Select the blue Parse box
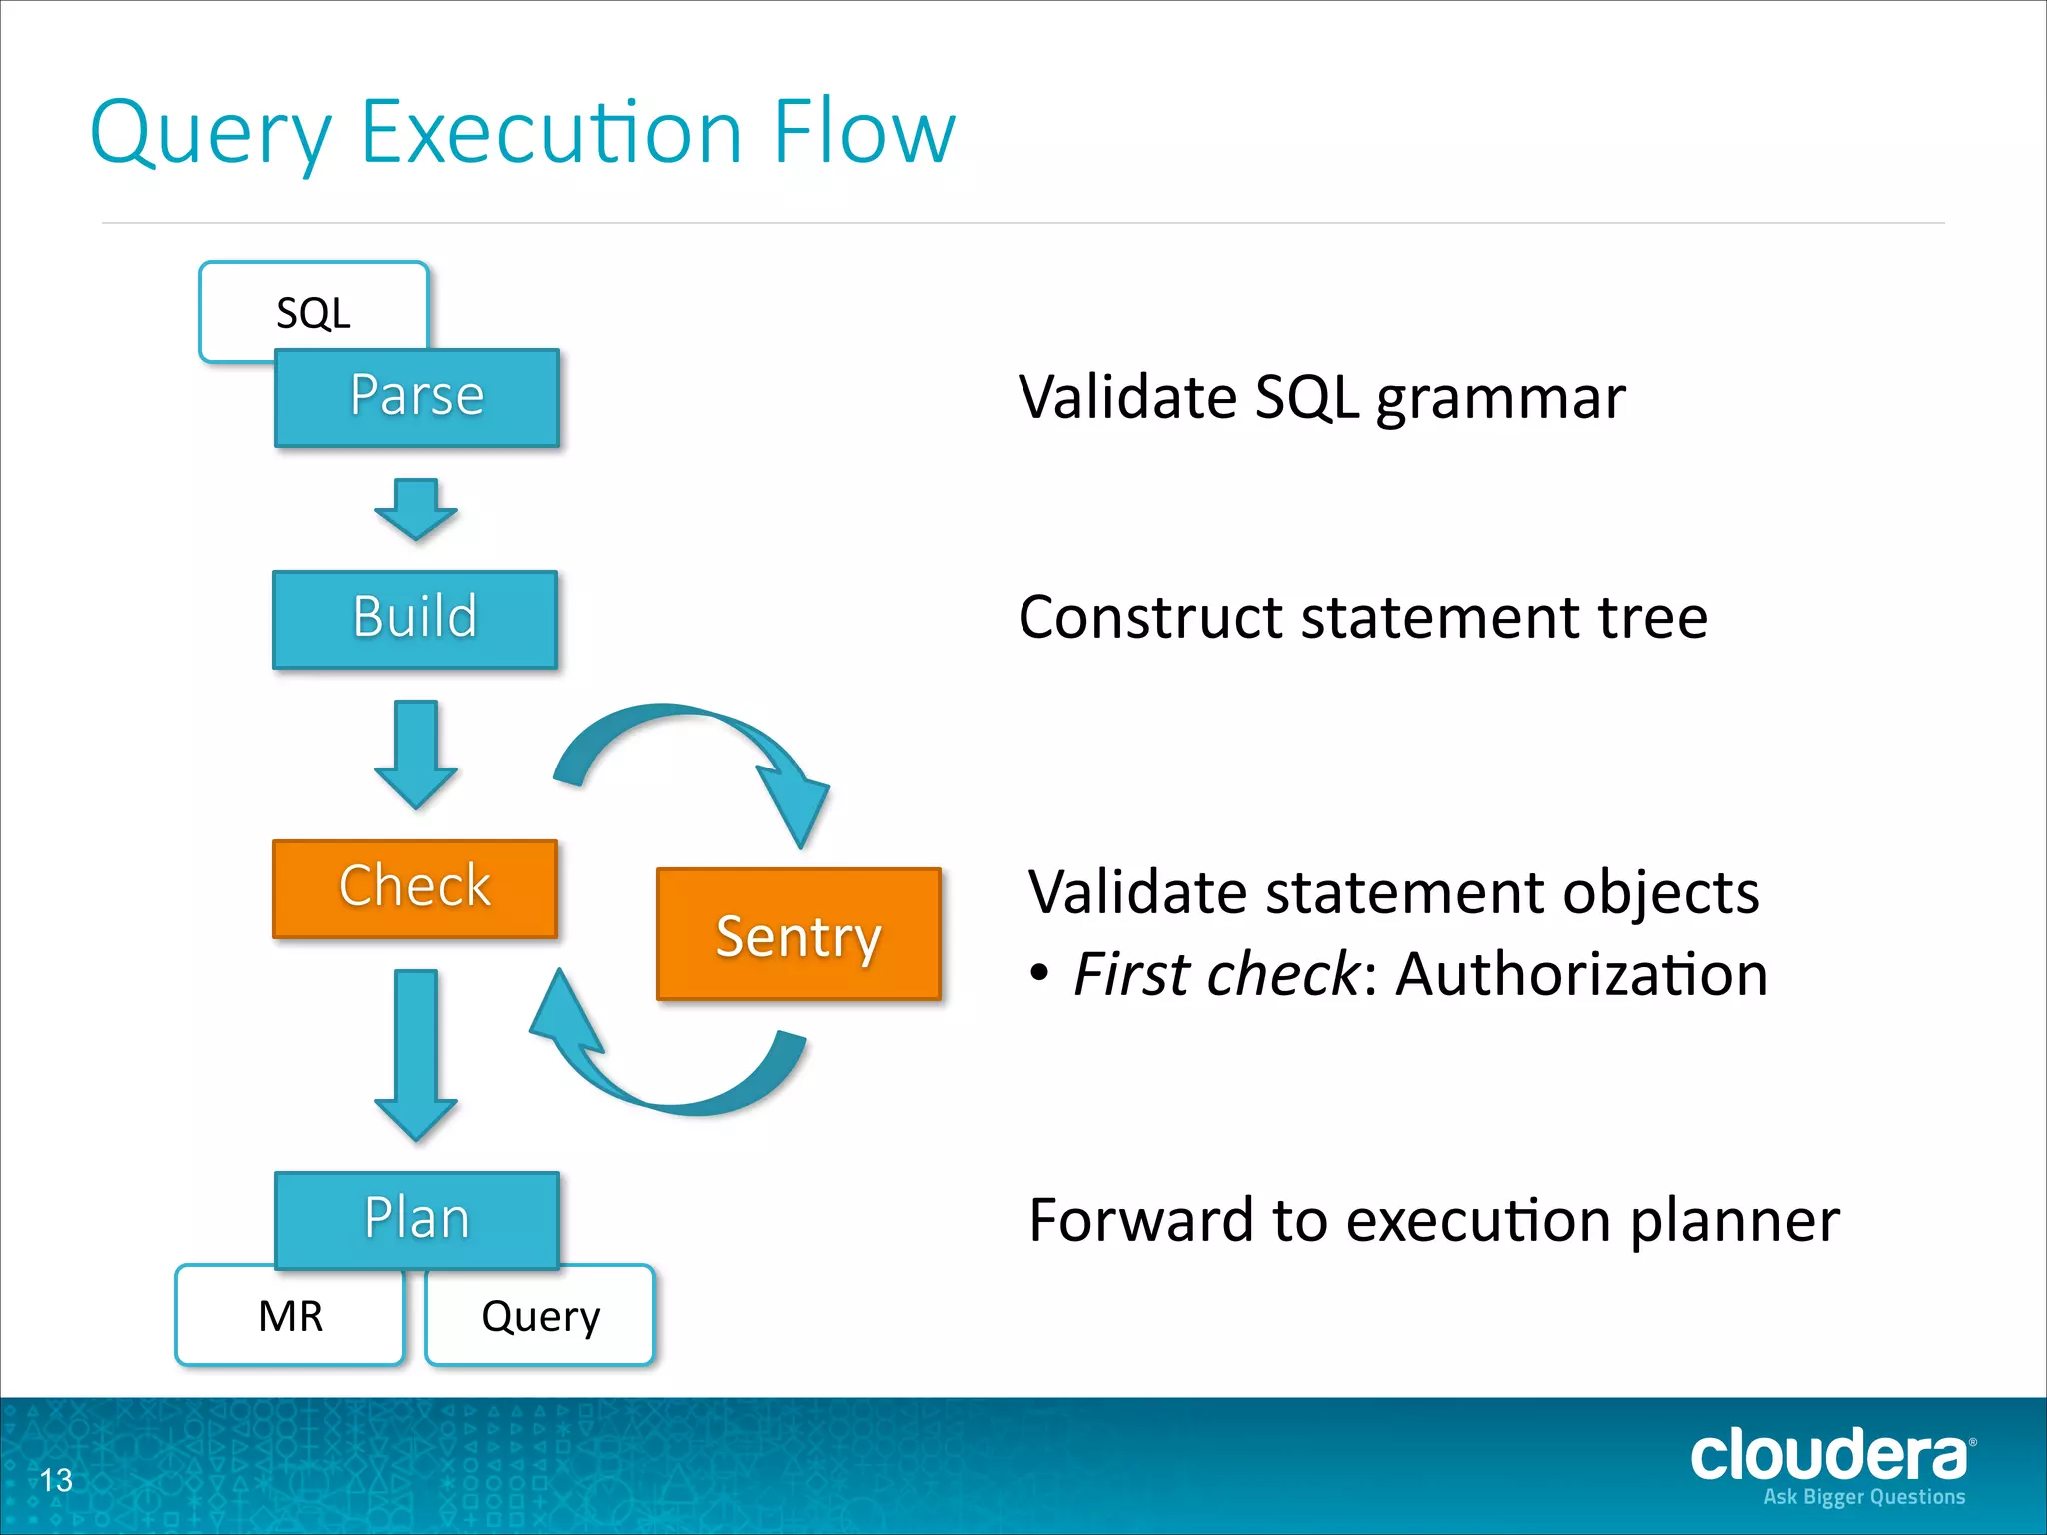click(x=417, y=397)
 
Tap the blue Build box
click(x=415, y=619)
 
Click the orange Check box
click(x=415, y=888)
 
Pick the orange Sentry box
click(x=799, y=935)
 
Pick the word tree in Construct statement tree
click(x=1653, y=617)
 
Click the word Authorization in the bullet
click(x=1581, y=974)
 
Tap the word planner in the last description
click(x=1734, y=1221)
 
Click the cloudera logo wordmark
click(x=1829, y=1455)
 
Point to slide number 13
click(x=56, y=1480)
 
